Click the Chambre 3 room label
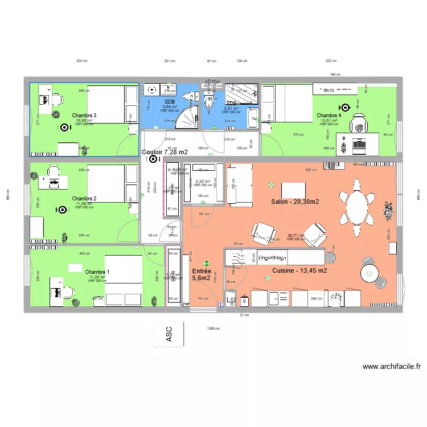84,116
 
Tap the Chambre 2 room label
84,199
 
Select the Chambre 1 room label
97,272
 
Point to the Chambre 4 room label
329,116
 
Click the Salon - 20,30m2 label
295,202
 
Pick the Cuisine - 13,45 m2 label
299,270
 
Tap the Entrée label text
202,271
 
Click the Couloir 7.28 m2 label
165,152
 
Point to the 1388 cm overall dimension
213,328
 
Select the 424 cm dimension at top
81,60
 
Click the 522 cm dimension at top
331,60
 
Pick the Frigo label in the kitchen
272,257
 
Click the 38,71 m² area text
295,236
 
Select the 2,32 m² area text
203,181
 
